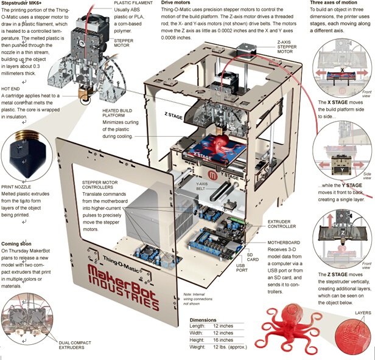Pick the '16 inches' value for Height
(223, 341)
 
